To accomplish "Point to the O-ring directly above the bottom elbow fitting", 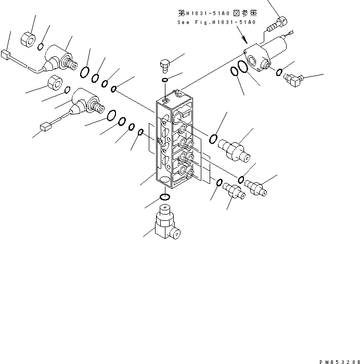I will (164, 197).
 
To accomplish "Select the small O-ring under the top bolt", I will (165, 80).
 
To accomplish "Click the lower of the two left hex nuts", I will (55, 83).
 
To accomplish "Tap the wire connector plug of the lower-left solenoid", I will (44, 125).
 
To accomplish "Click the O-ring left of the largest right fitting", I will (213, 138).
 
